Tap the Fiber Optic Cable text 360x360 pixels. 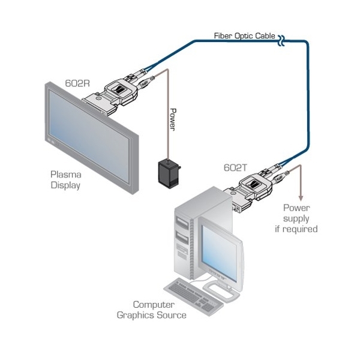pos(244,36)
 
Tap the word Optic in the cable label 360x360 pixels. pos(245,36)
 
